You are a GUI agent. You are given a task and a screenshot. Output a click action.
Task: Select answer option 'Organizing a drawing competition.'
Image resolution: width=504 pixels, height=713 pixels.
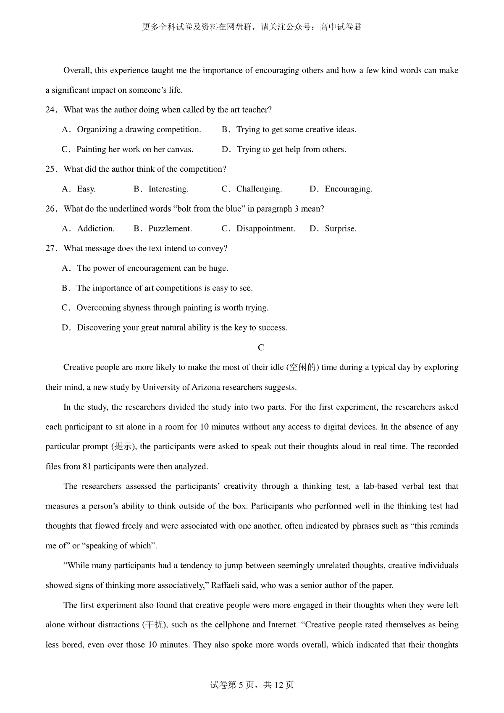pos(139,130)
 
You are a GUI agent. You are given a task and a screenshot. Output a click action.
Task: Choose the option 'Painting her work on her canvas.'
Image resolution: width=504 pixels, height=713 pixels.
pos(134,149)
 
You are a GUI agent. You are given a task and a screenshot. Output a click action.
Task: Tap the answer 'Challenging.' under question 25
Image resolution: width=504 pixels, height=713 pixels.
pos(259,189)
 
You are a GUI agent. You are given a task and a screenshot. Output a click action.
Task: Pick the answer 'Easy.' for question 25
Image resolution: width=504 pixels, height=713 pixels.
pos(86,189)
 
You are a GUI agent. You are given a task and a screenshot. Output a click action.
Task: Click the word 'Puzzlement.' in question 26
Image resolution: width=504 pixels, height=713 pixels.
pos(170,229)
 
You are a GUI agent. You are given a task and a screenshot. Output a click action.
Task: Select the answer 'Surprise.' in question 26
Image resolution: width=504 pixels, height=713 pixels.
pos(340,229)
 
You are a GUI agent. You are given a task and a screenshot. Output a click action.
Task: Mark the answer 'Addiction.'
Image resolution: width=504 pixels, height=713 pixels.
pos(96,229)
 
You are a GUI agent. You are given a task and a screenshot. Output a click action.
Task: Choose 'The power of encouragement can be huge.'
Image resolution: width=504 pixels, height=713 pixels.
pos(152,268)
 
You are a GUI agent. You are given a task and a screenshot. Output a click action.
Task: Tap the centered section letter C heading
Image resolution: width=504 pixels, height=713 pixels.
pos(261,348)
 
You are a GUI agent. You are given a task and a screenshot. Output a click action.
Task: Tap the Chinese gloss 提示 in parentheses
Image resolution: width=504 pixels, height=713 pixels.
pos(123,447)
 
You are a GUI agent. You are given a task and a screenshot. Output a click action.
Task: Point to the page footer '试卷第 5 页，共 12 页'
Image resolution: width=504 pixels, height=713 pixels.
pos(252,685)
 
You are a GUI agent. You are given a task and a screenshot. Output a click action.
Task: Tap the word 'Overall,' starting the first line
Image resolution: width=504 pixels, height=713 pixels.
pos(77,71)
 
